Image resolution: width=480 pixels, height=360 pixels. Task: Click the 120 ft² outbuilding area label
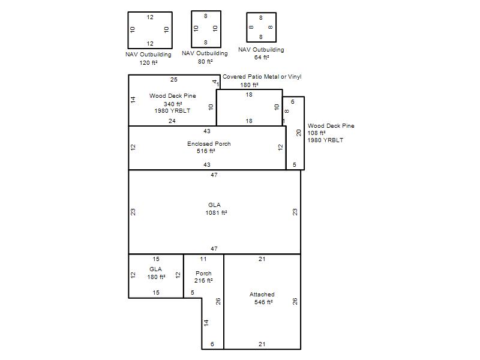148,63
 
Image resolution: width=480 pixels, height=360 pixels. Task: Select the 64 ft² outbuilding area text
262,57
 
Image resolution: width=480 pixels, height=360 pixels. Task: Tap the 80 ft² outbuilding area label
205,62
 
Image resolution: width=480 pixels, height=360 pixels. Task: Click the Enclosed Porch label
209,143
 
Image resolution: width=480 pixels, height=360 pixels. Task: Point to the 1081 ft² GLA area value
216,213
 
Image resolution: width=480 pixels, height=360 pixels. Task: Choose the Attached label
262,295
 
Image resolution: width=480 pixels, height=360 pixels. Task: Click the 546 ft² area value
263,302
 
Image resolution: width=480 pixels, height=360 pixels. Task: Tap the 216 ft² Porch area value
203,281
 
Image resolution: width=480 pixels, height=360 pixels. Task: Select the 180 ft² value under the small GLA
156,277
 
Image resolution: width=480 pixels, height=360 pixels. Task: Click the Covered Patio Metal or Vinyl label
262,77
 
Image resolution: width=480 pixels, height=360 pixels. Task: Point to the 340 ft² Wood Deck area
173,104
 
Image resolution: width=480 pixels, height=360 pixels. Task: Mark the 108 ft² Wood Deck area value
316,133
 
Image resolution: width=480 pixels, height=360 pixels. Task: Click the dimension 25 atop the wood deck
173,80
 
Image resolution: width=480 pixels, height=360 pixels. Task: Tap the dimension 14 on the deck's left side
133,100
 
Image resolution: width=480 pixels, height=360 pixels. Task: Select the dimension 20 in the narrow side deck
299,133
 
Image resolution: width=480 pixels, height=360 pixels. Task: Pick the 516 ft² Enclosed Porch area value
206,151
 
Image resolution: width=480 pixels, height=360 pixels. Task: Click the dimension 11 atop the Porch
203,259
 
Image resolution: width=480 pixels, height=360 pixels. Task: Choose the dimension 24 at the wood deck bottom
172,121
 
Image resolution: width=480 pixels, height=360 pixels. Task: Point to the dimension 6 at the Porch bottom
212,344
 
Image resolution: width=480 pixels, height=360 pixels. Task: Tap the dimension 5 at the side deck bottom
294,164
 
